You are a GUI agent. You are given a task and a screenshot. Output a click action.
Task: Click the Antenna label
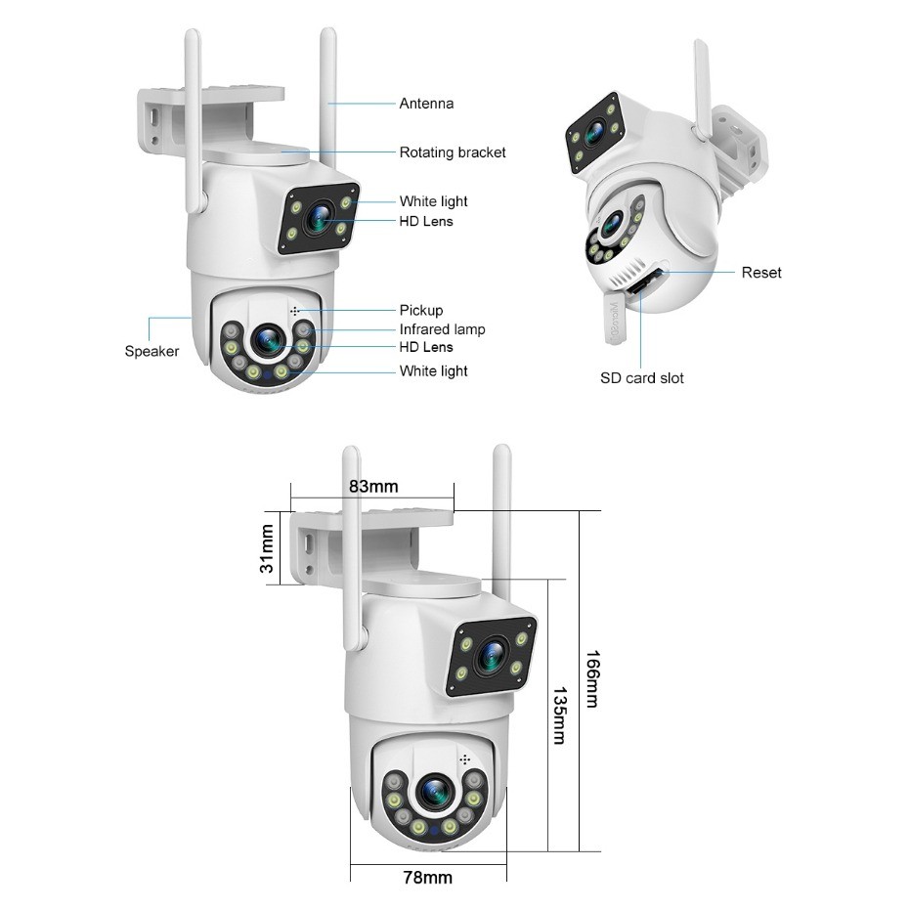(x=426, y=104)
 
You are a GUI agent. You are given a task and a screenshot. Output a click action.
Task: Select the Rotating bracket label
(x=453, y=152)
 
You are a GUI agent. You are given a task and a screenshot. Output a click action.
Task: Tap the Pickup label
(x=420, y=311)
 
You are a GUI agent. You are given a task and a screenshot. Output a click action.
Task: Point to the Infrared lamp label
(x=442, y=329)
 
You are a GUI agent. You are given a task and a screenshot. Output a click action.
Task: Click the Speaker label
(x=152, y=352)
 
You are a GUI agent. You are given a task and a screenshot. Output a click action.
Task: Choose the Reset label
(x=761, y=273)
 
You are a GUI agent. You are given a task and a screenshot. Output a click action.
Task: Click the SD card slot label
(x=641, y=378)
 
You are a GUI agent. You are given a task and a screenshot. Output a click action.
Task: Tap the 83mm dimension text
(x=372, y=487)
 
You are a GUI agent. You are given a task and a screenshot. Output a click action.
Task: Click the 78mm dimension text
(x=427, y=878)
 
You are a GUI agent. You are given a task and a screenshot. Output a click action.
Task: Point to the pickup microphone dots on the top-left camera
(x=294, y=310)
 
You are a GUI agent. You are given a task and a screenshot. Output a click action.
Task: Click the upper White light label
(x=433, y=201)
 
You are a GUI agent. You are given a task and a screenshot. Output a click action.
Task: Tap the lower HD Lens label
(x=426, y=347)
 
